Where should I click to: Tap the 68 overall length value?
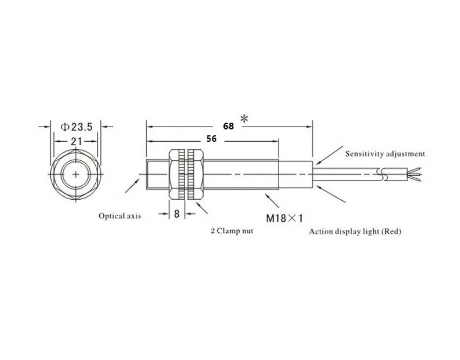pyautogui.click(x=228, y=125)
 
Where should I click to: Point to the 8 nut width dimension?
pyautogui.click(x=176, y=214)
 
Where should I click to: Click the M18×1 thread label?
pyautogui.click(x=283, y=218)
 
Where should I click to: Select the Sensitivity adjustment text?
pyautogui.click(x=385, y=154)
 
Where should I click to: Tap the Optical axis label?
pyautogui.click(x=119, y=216)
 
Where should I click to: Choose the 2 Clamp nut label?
pyautogui.click(x=232, y=231)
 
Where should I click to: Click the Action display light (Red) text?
pyautogui.click(x=355, y=231)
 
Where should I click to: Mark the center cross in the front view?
pyautogui.click(x=76, y=175)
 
